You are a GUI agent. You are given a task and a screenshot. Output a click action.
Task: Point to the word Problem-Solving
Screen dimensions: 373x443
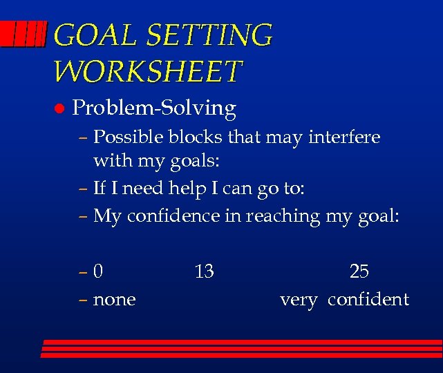click(154, 108)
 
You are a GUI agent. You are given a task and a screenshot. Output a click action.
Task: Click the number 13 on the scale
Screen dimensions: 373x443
click(204, 272)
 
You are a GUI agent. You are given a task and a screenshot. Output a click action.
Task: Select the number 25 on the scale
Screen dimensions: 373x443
click(359, 271)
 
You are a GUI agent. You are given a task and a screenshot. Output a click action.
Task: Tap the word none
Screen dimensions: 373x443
click(114, 300)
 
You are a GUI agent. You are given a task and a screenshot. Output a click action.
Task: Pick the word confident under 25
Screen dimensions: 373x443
click(368, 300)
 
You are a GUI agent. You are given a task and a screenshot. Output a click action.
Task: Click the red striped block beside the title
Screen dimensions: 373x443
click(23, 32)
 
